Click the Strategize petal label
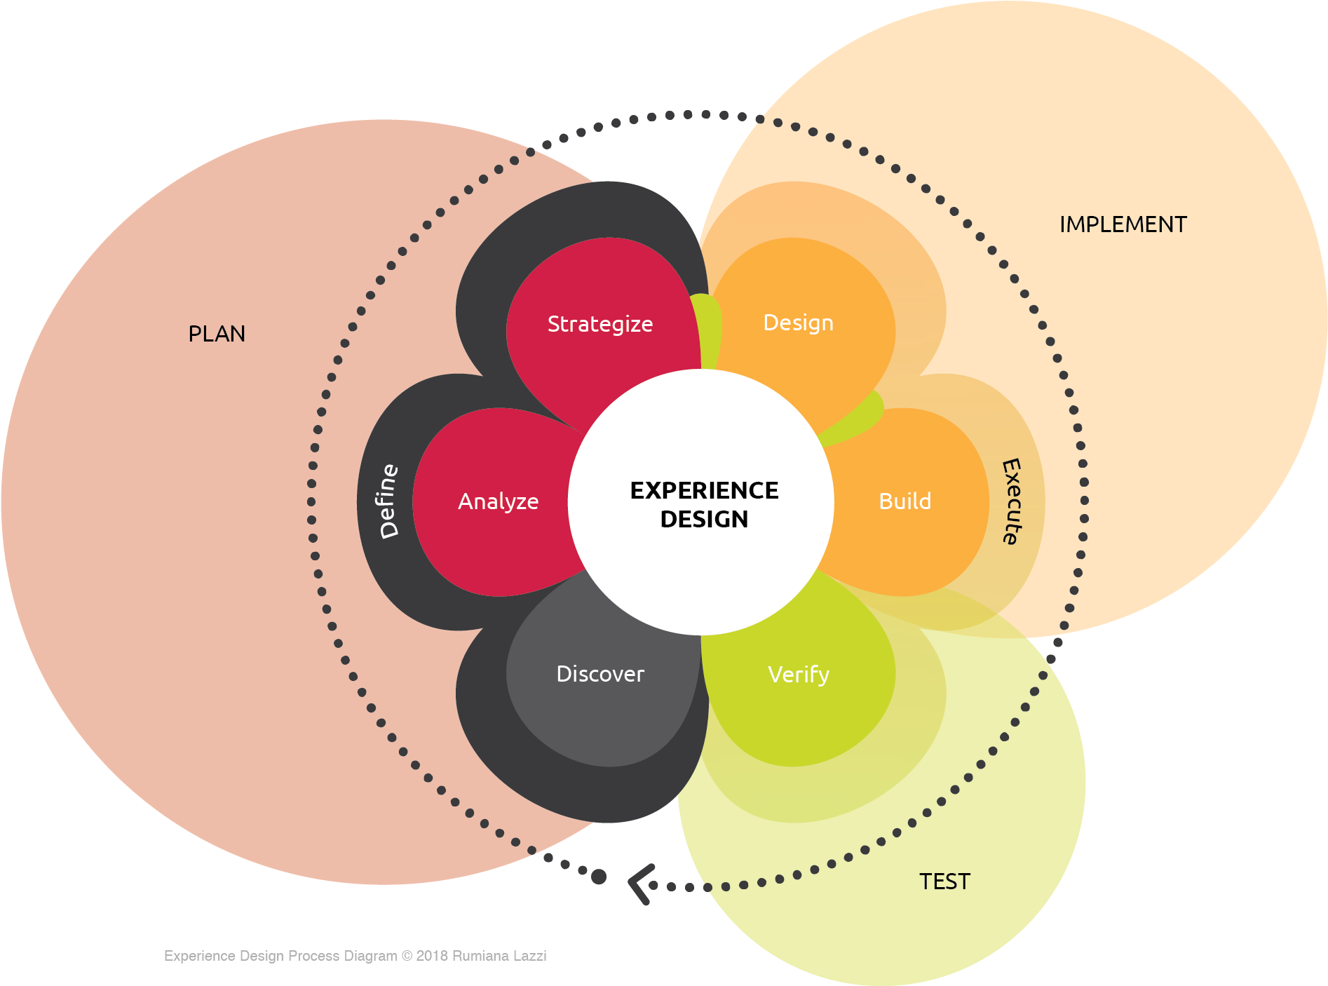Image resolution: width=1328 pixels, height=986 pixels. point(599,324)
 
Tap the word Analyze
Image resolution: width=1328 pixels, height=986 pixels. point(498,501)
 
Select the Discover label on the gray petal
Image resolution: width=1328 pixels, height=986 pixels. point(600,674)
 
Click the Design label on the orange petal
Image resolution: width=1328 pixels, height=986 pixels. point(798,323)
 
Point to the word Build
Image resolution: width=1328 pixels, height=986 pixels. point(904,501)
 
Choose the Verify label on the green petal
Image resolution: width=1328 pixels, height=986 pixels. point(798,675)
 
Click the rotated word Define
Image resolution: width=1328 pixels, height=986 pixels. point(388,501)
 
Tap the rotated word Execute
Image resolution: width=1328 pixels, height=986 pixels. point(1011,501)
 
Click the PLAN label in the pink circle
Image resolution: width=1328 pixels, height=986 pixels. point(217,334)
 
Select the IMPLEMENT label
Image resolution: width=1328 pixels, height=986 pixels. point(1123,224)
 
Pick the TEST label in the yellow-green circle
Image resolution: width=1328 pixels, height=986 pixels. point(944,882)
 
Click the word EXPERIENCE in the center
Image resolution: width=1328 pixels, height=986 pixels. point(704,490)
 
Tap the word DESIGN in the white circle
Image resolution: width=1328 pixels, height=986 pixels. point(704,519)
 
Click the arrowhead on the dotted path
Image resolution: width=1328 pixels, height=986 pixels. point(639,884)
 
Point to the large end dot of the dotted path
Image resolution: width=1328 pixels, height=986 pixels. point(598,877)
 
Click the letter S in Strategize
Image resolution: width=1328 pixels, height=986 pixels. point(553,324)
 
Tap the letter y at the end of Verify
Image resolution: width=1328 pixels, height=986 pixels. point(824,677)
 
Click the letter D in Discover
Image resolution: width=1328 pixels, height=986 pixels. point(563,674)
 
